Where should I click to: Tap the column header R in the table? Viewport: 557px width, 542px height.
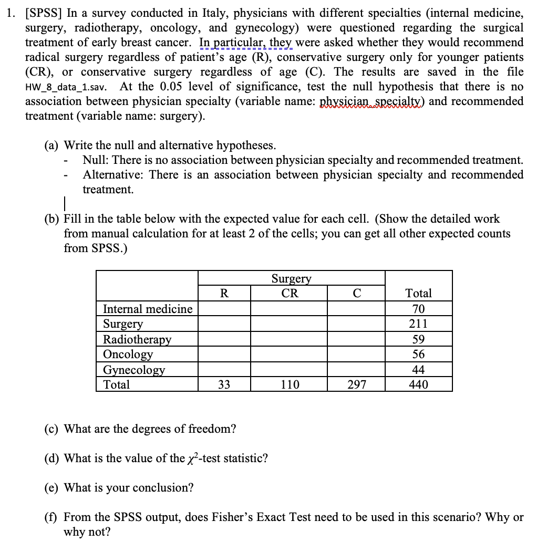click(223, 293)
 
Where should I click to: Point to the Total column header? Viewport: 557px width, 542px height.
click(418, 293)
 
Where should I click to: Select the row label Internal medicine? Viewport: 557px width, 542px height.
click(148, 309)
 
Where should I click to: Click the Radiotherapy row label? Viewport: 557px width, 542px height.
click(137, 339)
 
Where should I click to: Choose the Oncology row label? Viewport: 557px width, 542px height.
click(128, 354)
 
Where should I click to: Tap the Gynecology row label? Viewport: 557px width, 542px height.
click(133, 369)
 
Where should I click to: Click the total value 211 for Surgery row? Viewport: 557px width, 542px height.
click(418, 324)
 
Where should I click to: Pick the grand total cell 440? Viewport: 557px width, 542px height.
click(418, 384)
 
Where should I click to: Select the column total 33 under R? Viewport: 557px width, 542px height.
click(224, 384)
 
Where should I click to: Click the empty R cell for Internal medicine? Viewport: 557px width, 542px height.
click(224, 309)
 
